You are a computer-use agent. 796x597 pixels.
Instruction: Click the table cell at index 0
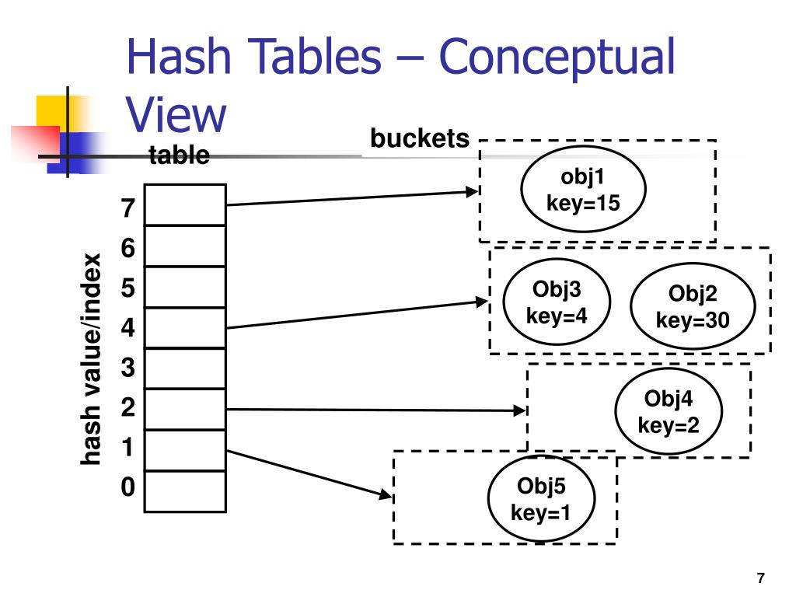(x=185, y=491)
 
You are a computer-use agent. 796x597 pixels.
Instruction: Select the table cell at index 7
(x=185, y=204)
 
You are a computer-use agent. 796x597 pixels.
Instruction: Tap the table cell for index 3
(x=185, y=368)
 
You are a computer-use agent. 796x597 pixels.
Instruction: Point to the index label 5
(x=128, y=288)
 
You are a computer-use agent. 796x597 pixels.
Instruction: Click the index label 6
(x=128, y=248)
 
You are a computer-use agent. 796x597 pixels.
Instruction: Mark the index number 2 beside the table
(x=128, y=407)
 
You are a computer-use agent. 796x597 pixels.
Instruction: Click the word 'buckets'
(x=420, y=138)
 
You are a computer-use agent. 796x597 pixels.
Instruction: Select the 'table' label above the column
(x=180, y=155)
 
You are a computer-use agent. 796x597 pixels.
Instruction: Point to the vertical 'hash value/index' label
(x=91, y=359)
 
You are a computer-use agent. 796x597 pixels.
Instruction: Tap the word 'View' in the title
(x=176, y=115)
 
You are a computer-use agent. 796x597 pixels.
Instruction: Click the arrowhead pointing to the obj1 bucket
(x=473, y=191)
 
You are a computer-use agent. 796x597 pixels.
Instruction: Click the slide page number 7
(x=760, y=578)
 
